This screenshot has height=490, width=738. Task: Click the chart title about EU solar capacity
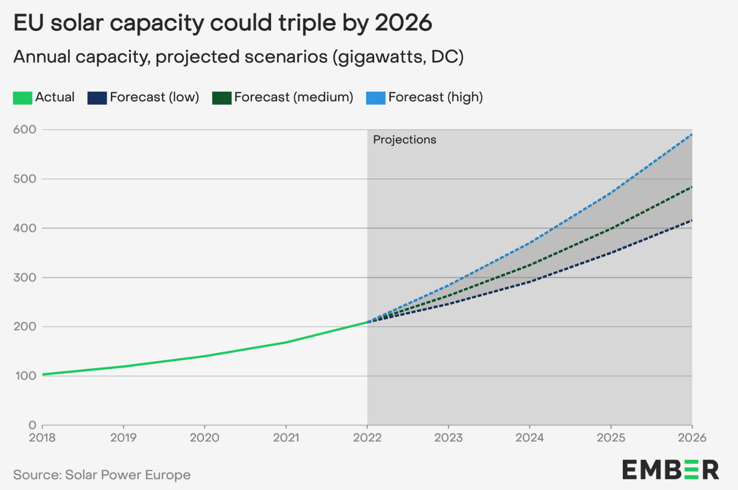tap(222, 23)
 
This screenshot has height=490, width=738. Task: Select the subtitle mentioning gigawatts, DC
tap(238, 57)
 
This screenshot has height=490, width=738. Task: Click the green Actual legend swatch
tap(22, 98)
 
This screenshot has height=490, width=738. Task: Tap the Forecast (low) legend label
tap(154, 97)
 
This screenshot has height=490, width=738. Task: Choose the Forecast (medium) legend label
tap(293, 97)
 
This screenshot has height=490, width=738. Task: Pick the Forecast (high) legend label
tap(435, 97)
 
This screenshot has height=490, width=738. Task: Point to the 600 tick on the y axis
tap(25, 129)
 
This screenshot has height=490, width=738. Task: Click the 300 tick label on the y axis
tap(25, 277)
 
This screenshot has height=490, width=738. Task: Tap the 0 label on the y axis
tap(32, 425)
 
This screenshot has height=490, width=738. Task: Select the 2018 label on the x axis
tap(42, 438)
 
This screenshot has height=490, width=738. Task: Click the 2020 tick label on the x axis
tap(205, 438)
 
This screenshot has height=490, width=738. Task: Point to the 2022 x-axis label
tap(367, 438)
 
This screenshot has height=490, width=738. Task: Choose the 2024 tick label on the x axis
tap(529, 438)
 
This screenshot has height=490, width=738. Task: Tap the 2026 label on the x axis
tap(692, 438)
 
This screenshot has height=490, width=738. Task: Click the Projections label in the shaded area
tap(404, 140)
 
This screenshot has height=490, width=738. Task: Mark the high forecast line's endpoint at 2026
tap(691, 135)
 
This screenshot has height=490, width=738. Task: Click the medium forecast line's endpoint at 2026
tap(691, 187)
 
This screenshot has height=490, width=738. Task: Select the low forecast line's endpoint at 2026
tap(691, 220)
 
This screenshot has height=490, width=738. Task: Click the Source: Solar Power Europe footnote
tap(102, 475)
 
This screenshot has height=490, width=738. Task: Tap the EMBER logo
tap(670, 470)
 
